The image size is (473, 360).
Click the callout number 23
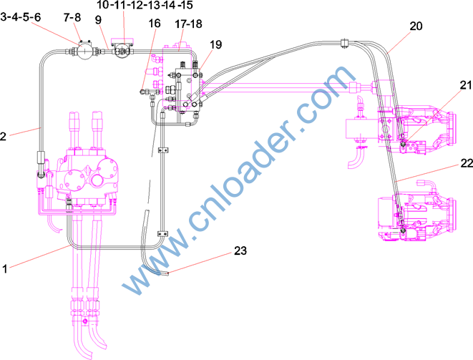pos(240,250)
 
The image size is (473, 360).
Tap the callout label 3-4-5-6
pos(21,17)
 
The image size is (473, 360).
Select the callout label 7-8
pos(72,17)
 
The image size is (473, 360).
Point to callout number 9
pos(98,20)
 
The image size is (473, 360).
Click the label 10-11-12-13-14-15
pos(145,5)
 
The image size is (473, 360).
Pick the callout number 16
pos(155,24)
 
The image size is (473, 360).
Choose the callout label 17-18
pos(188,24)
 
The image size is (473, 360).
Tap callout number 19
pos(215,44)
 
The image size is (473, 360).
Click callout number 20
pos(416,26)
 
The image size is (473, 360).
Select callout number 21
pos(465,85)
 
